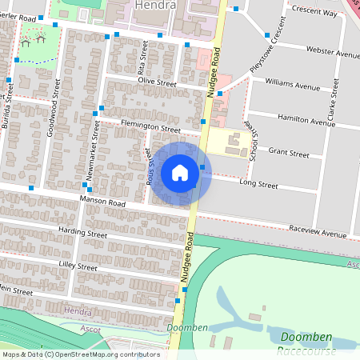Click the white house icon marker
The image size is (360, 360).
tap(180, 172)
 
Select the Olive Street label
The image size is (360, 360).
tap(156, 82)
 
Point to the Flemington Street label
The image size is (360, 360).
tap(150, 126)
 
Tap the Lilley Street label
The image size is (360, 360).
tap(77, 266)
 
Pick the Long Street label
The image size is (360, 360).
tap(258, 184)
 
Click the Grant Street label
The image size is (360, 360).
tap(288, 152)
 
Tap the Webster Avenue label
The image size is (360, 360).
tap(333, 53)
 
